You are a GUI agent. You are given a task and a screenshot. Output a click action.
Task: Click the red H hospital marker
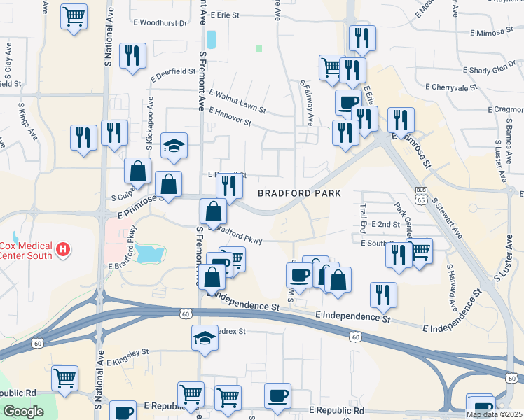coord(64,248)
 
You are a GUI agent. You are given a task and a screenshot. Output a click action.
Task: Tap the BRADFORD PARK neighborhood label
coord(299,192)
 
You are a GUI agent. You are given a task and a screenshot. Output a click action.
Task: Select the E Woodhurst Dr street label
coord(160,23)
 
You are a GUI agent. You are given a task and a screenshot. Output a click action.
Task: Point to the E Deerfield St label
coord(172,71)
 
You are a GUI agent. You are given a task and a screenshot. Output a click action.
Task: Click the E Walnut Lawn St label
coord(237,101)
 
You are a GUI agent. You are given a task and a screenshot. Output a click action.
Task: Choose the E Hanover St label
coord(230,117)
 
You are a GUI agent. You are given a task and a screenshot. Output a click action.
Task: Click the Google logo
coord(23,411)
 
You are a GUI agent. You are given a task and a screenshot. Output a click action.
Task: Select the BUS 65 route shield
coord(421,195)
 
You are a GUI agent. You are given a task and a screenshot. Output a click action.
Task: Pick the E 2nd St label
coord(385,224)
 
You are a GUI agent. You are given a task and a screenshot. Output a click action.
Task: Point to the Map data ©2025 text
coord(494,414)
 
